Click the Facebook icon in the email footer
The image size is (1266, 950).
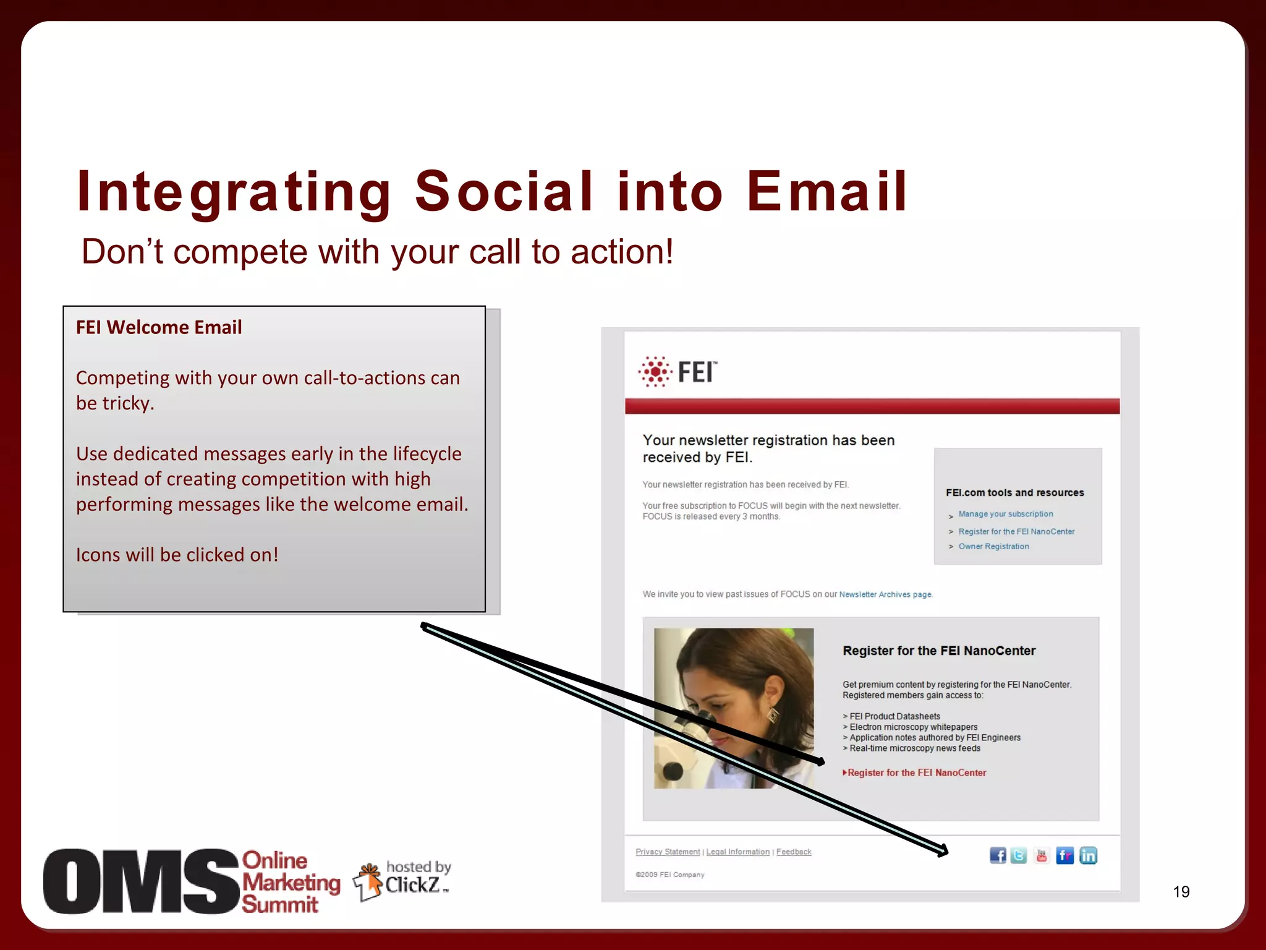pos(998,855)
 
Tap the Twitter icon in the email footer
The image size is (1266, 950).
pos(1019,855)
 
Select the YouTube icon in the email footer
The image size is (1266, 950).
pos(1042,855)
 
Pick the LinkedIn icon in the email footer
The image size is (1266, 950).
pos(1088,855)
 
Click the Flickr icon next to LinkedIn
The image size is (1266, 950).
pos(1065,855)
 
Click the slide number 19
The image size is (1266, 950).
pos(1181,892)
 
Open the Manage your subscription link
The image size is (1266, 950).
pos(1006,514)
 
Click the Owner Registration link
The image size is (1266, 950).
pos(993,547)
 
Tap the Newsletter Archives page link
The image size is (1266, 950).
pos(885,594)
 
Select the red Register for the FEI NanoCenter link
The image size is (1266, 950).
pos(916,772)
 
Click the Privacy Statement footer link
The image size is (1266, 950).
pos(668,852)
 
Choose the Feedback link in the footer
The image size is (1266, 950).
pos(794,852)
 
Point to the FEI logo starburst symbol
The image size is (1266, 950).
pos(655,372)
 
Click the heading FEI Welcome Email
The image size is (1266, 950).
pos(159,327)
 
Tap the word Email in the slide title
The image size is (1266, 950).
pos(826,191)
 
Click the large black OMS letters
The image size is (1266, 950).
pos(141,881)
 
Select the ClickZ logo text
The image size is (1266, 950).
pos(412,885)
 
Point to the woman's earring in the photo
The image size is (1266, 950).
pos(773,716)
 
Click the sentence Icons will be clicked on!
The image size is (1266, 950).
pos(177,555)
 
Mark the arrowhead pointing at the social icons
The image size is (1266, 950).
pos(943,852)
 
